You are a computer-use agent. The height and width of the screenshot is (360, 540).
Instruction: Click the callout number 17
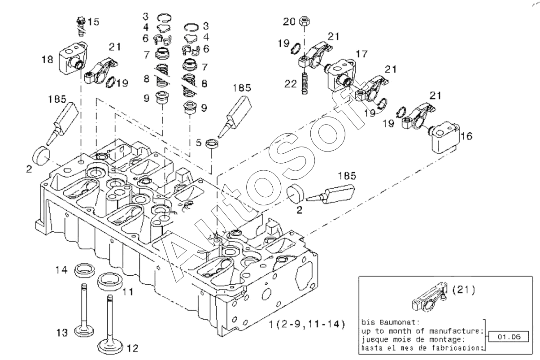(x=361, y=54)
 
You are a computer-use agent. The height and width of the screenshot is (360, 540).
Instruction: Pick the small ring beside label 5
(x=213, y=144)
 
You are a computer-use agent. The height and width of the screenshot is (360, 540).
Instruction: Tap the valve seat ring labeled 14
(x=84, y=270)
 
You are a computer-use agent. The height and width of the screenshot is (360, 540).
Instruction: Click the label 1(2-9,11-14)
(x=307, y=324)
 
